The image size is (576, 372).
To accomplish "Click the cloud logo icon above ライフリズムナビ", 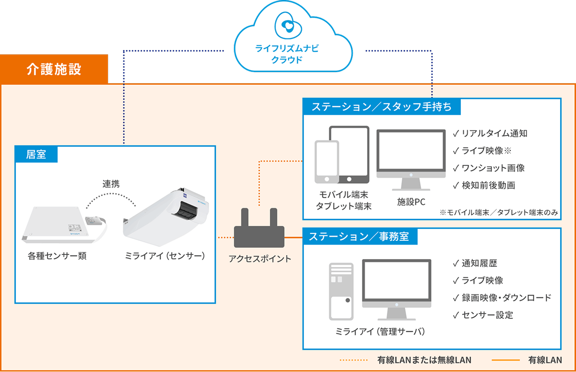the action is pos(288,25).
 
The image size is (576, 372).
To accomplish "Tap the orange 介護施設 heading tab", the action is pos(54,69).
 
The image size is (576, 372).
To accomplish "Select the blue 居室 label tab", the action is pos(36,154).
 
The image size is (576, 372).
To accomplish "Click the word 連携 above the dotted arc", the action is pos(111,184).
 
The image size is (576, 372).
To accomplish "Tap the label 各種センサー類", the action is pos(57,256).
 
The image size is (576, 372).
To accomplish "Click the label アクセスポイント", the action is pos(260,259).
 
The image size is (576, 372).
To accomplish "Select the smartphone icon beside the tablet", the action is pos(327,162).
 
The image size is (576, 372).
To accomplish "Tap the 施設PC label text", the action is pos(411,202).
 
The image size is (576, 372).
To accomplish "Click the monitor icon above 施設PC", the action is pos(411,160).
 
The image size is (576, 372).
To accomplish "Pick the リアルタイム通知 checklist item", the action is pos(490,133).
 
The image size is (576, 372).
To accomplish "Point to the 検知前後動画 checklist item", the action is pos(484,186).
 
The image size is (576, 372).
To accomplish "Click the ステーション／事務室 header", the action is pos(360,236).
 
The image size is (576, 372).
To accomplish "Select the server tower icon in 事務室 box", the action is pos(341,291).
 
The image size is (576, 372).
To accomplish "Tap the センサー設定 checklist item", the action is pos(483,315).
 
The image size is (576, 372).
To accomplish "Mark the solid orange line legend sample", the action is pos(505,360).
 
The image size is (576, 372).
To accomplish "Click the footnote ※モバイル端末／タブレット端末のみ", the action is pos(499,212).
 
